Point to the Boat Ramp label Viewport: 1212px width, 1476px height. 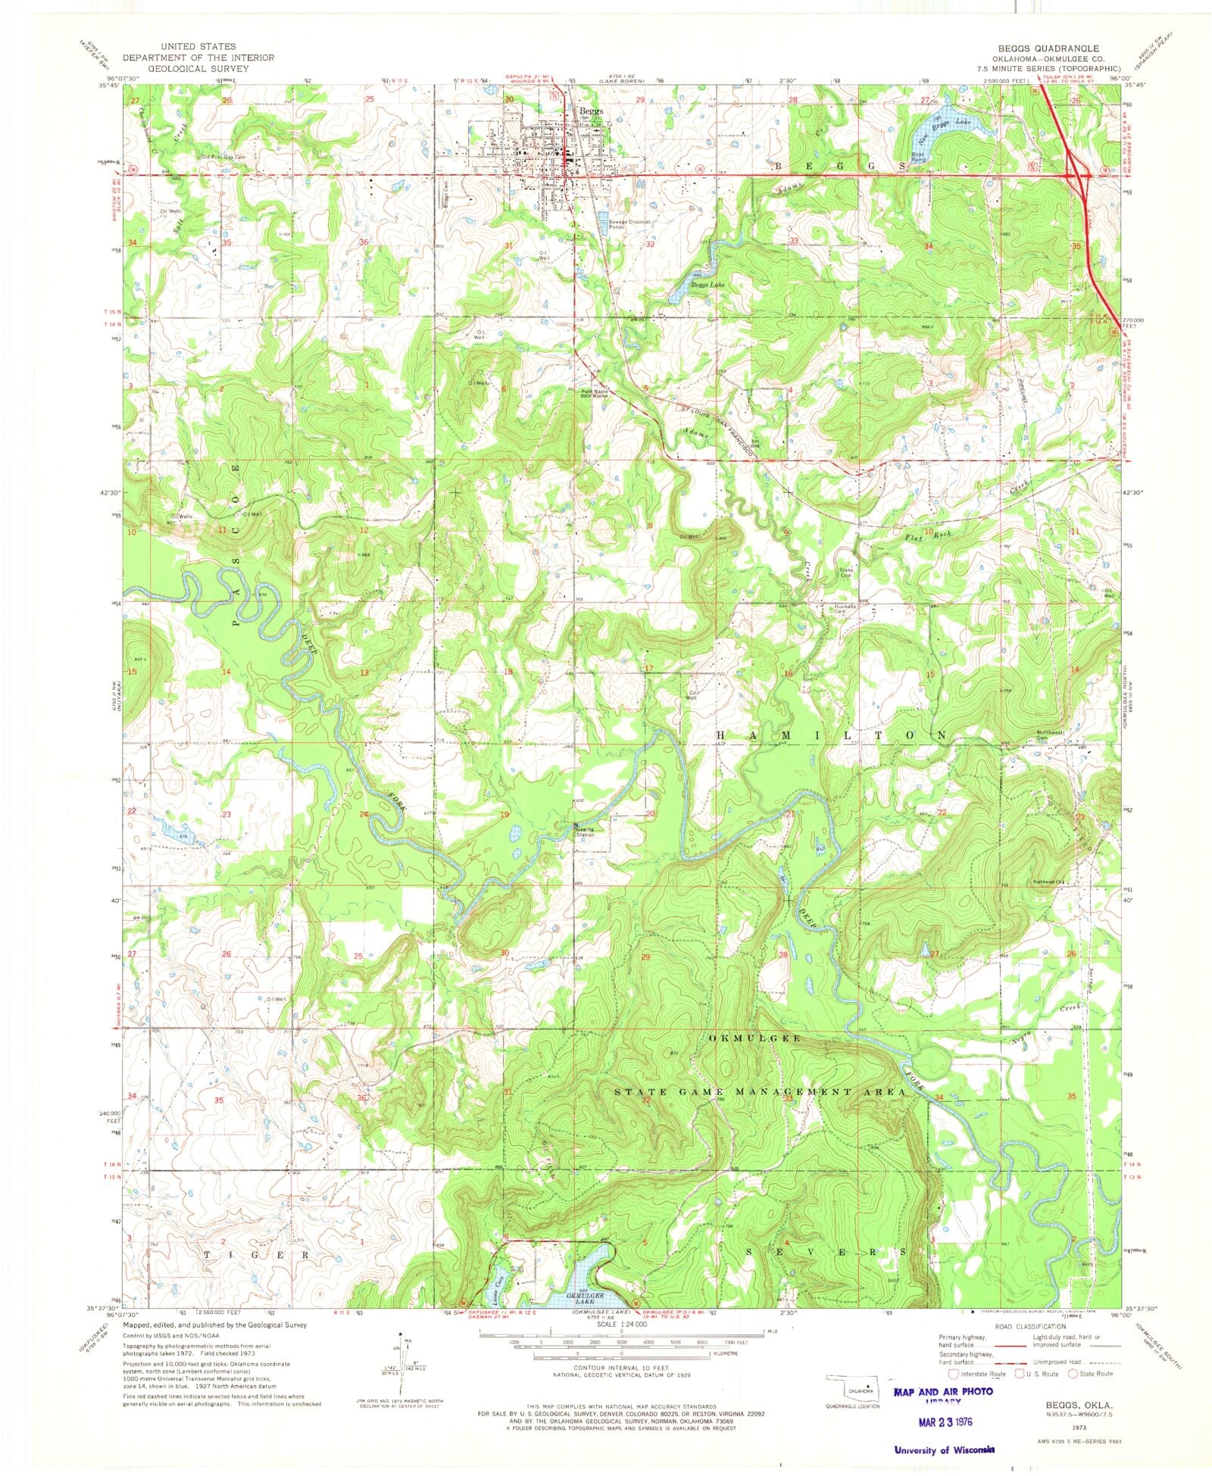(x=919, y=158)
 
